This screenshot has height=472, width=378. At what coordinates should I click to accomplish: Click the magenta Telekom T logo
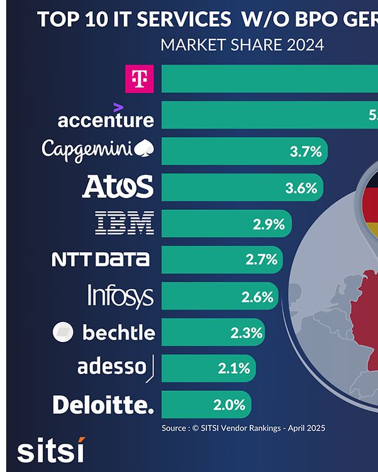point(140,78)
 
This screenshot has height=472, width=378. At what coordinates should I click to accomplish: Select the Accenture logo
point(106,116)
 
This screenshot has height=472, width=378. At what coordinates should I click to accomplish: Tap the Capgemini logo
point(98,150)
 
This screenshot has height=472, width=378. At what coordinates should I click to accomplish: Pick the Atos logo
point(118,186)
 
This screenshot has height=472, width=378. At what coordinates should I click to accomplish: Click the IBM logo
point(125,223)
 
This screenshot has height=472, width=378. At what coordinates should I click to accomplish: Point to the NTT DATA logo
point(101,258)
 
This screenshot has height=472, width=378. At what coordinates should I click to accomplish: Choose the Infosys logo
point(120,295)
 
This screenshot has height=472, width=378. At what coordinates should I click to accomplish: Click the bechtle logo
point(104,332)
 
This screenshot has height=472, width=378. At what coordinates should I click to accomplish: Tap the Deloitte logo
point(103,405)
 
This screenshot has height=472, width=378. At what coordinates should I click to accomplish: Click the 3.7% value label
point(306,151)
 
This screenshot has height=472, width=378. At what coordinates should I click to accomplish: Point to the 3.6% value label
point(301,187)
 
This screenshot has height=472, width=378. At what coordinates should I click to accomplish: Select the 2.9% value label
point(269,224)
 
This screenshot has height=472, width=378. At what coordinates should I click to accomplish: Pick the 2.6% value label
point(257,296)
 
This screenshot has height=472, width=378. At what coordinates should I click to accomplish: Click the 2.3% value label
point(246,332)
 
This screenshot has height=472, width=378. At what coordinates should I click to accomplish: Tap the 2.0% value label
point(229,405)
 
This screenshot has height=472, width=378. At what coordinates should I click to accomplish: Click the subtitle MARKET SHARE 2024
point(242,45)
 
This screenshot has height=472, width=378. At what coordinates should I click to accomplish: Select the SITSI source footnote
point(243,428)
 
